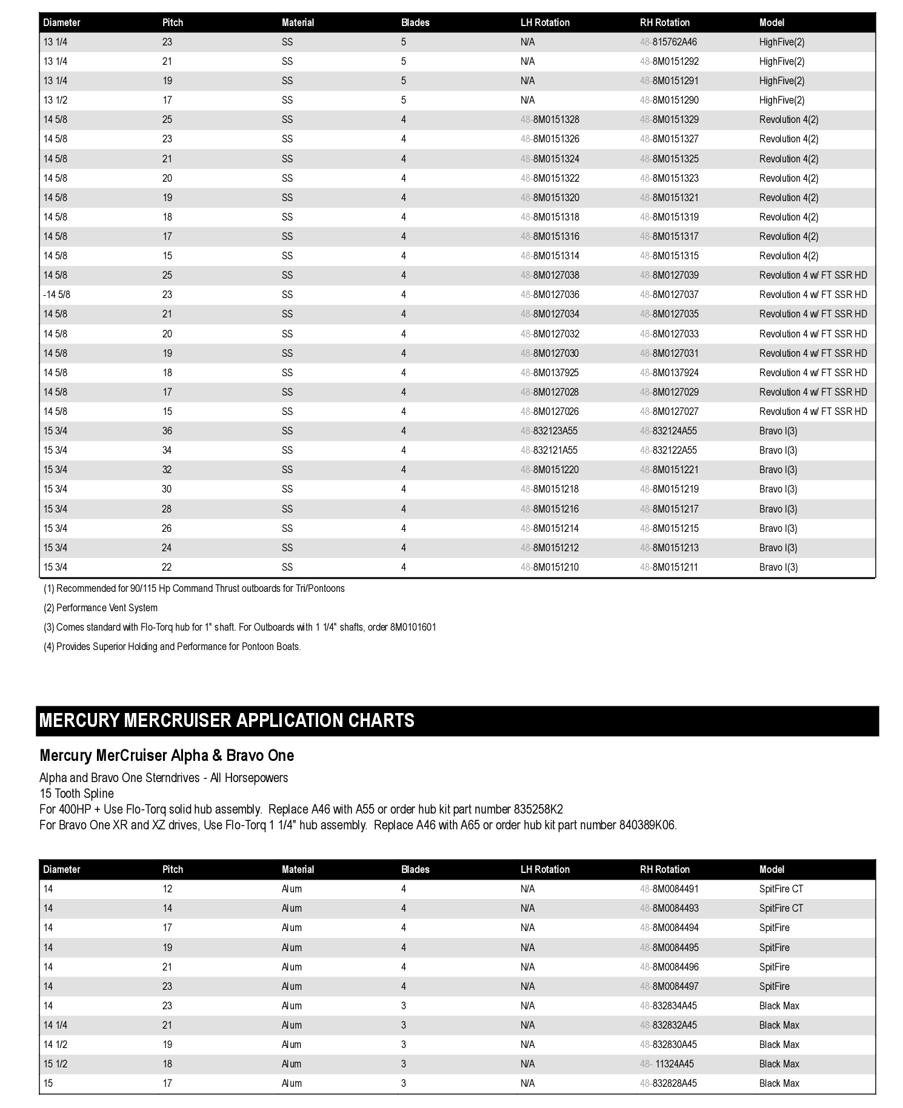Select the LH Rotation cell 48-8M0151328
pyautogui.click(x=550, y=120)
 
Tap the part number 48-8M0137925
pyautogui.click(x=550, y=373)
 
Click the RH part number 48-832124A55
pyautogui.click(x=668, y=431)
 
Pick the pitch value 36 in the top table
pyautogui.click(x=167, y=431)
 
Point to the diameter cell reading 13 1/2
pyautogui.click(x=56, y=101)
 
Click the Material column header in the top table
pyautogui.click(x=298, y=23)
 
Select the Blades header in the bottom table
pyautogui.click(x=415, y=870)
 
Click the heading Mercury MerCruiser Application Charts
pyautogui.click(x=227, y=721)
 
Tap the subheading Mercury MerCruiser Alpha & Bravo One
pyautogui.click(x=167, y=756)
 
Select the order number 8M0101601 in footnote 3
pyautogui.click(x=413, y=628)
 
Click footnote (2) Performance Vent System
pyautogui.click(x=101, y=608)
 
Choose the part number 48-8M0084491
pyautogui.click(x=669, y=889)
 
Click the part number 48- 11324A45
pyautogui.click(x=667, y=1064)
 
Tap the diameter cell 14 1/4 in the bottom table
pyautogui.click(x=56, y=1026)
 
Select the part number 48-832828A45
pyautogui.click(x=668, y=1084)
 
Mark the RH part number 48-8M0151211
pyautogui.click(x=669, y=568)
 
